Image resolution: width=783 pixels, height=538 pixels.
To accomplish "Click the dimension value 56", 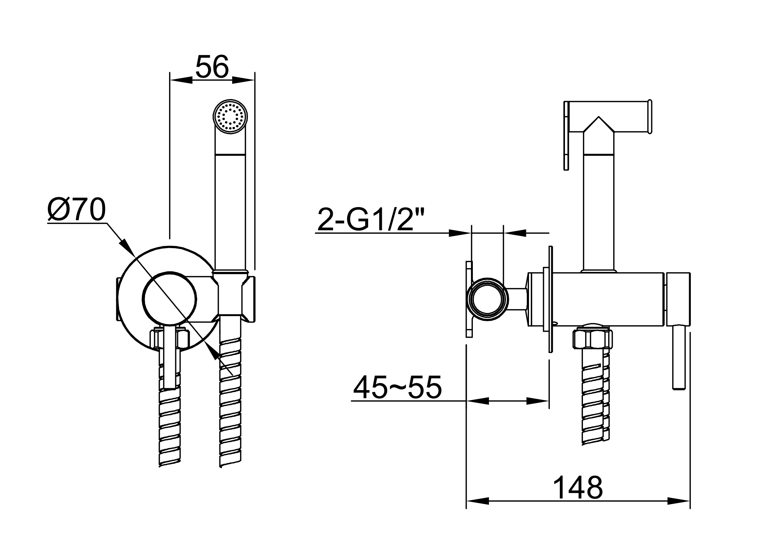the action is (x=212, y=67).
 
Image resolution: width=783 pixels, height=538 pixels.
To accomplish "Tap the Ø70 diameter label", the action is (x=76, y=209).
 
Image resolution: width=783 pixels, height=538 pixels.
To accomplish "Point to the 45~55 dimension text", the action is (x=397, y=387).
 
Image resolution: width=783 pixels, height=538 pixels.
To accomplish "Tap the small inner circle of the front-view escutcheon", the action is (x=169, y=299).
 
